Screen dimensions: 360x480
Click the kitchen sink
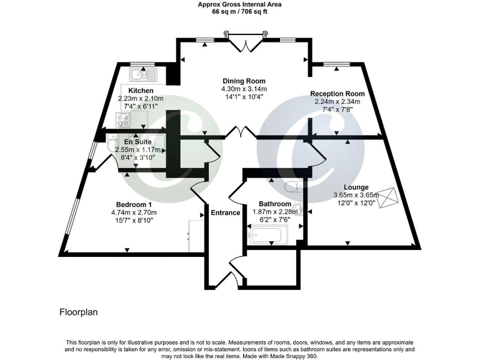(143, 75)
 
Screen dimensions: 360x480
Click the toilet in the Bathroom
(291, 186)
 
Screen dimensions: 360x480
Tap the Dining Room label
(244, 81)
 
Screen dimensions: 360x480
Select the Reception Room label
(337, 94)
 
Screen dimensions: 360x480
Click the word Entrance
(225, 212)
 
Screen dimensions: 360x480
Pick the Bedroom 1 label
(134, 204)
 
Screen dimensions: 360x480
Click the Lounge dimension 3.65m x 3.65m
(356, 195)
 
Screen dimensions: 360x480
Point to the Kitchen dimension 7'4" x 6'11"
(141, 107)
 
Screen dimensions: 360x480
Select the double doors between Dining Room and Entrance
(240, 133)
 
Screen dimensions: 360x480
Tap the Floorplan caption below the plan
(78, 311)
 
